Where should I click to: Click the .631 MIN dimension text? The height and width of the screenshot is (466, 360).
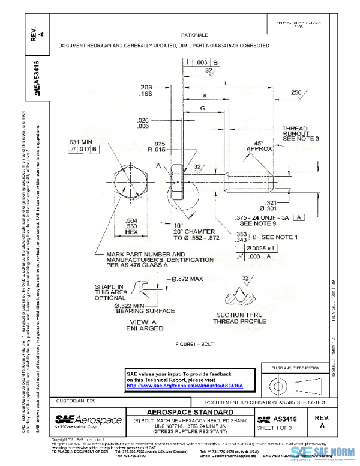click(80, 142)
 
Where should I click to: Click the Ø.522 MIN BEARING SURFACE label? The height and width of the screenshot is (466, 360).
click(148, 307)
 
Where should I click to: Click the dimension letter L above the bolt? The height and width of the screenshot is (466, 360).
click(225, 84)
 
